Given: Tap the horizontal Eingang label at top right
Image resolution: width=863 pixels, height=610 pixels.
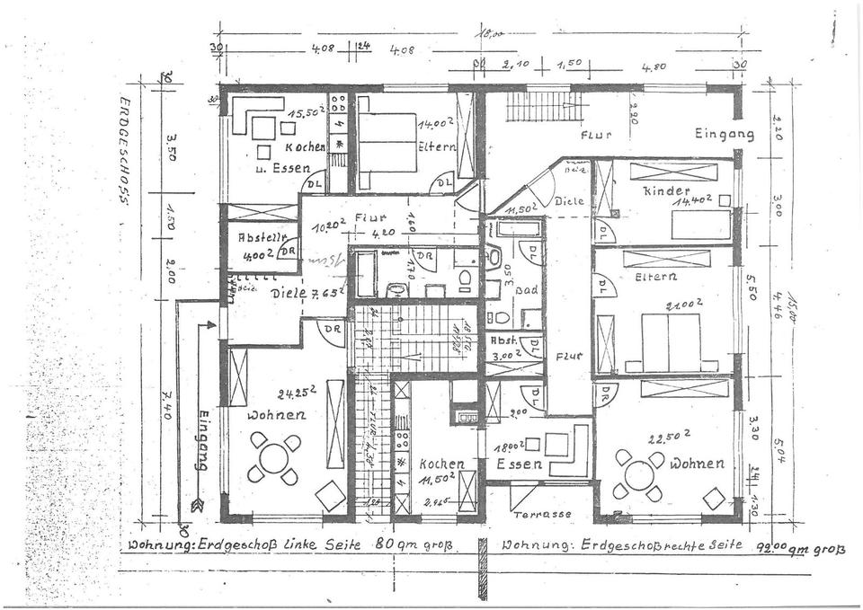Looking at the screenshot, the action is point(724,134).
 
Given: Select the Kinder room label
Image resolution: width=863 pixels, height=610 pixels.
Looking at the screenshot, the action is point(665,191).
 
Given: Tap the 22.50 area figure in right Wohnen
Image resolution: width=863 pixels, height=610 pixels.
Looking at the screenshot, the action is point(669,435).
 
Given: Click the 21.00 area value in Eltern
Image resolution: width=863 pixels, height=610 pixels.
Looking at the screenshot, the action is point(683,305).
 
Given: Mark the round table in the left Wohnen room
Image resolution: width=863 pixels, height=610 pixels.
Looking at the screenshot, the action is point(274,458).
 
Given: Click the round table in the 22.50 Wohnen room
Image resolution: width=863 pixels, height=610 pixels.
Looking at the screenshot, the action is point(639,474).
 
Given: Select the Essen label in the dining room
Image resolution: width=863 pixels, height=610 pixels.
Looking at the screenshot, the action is point(520,464).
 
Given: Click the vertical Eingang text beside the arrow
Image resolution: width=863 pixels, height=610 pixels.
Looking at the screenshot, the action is point(202,440).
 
